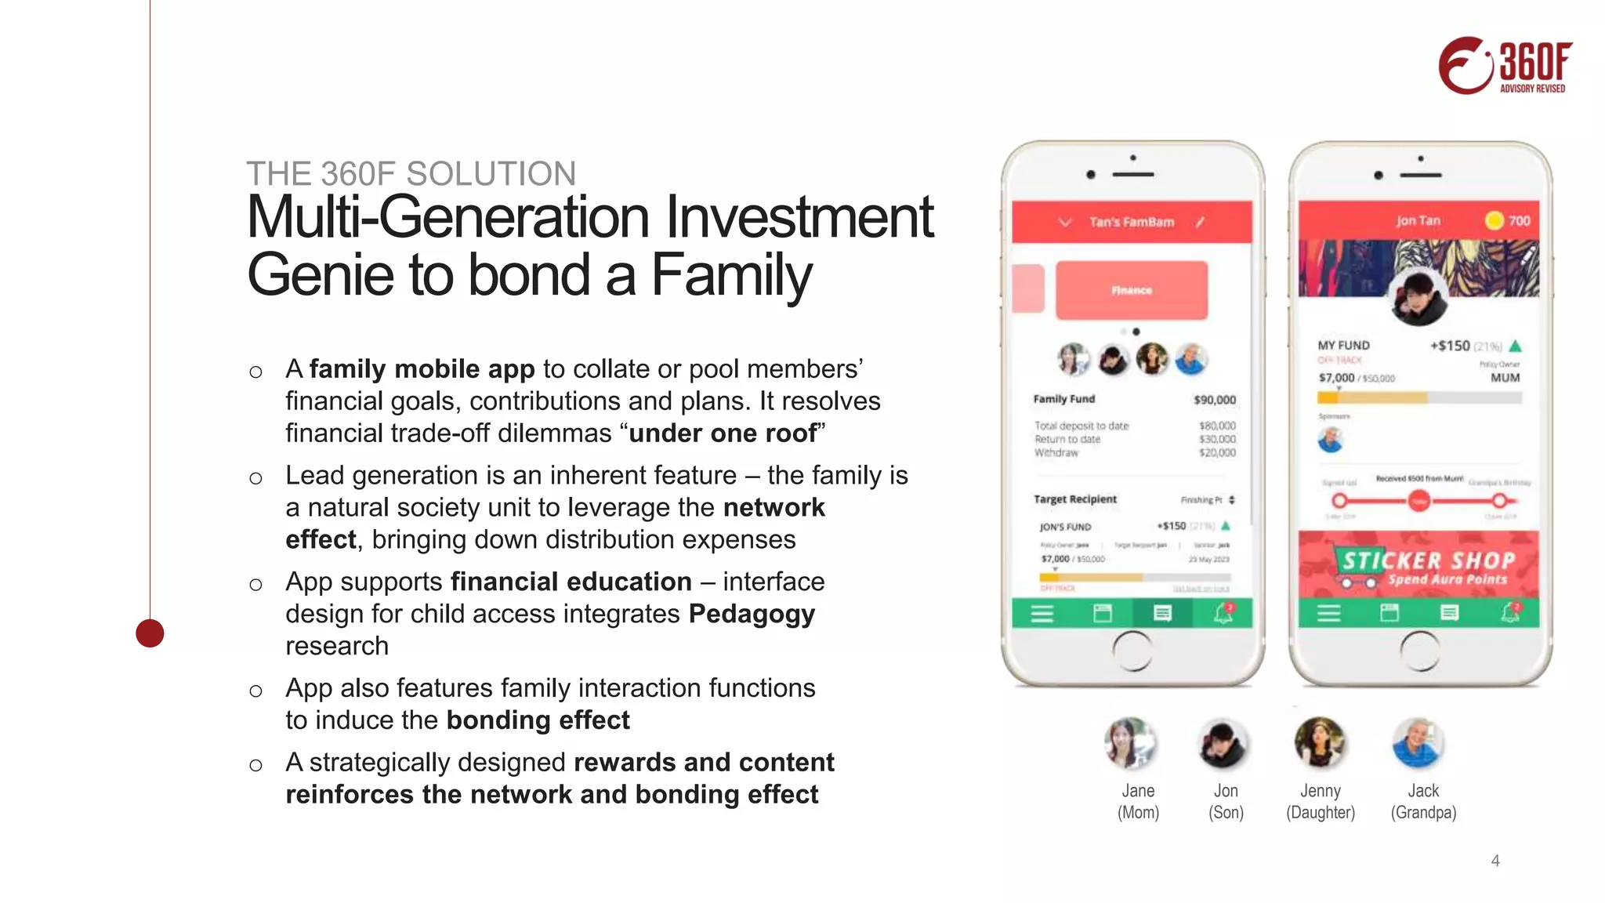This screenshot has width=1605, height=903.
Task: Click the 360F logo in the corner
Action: (1505, 66)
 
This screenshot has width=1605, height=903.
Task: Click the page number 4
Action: (1494, 861)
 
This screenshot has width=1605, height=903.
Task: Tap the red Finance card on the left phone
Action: (1131, 290)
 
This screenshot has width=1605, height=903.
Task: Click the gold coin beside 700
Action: (1494, 220)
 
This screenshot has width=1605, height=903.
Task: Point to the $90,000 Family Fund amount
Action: (1214, 400)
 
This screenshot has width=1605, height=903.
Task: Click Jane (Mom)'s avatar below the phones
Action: (1130, 742)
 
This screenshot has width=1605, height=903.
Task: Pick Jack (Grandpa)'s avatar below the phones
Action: (1418, 742)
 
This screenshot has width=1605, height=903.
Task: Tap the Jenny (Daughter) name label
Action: (1321, 801)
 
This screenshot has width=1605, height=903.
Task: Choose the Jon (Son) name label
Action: (1226, 801)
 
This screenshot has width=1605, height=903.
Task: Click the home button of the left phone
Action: (1132, 651)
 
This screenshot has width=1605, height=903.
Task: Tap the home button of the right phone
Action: (1419, 651)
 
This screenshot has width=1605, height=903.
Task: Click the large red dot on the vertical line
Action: (150, 633)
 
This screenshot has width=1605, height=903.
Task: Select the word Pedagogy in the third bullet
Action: (752, 614)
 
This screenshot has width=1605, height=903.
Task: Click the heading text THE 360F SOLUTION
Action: (411, 173)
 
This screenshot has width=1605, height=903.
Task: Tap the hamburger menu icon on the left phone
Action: (1042, 614)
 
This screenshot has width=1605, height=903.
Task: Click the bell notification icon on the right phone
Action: (1510, 613)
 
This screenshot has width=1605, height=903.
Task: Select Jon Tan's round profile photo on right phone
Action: (1418, 299)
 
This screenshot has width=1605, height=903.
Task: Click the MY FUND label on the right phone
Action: (1343, 345)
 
